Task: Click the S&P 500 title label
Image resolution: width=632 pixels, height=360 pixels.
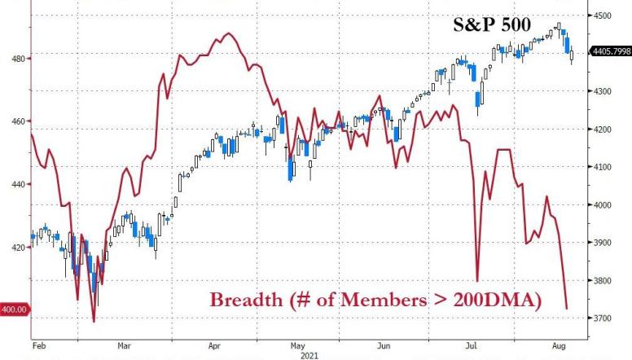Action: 491,25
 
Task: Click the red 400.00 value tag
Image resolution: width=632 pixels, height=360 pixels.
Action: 15,309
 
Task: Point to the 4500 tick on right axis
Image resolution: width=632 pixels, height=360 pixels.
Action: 602,15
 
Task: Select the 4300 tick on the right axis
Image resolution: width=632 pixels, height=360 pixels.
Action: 602,91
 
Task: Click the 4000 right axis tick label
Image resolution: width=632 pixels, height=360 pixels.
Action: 602,205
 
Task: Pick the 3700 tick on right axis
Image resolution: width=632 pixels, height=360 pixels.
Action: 602,318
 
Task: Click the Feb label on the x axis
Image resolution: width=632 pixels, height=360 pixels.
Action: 38,345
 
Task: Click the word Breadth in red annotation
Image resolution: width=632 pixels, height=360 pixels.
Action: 245,301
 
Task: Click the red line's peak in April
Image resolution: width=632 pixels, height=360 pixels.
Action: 226,33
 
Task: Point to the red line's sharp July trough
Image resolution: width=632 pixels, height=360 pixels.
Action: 477,279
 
